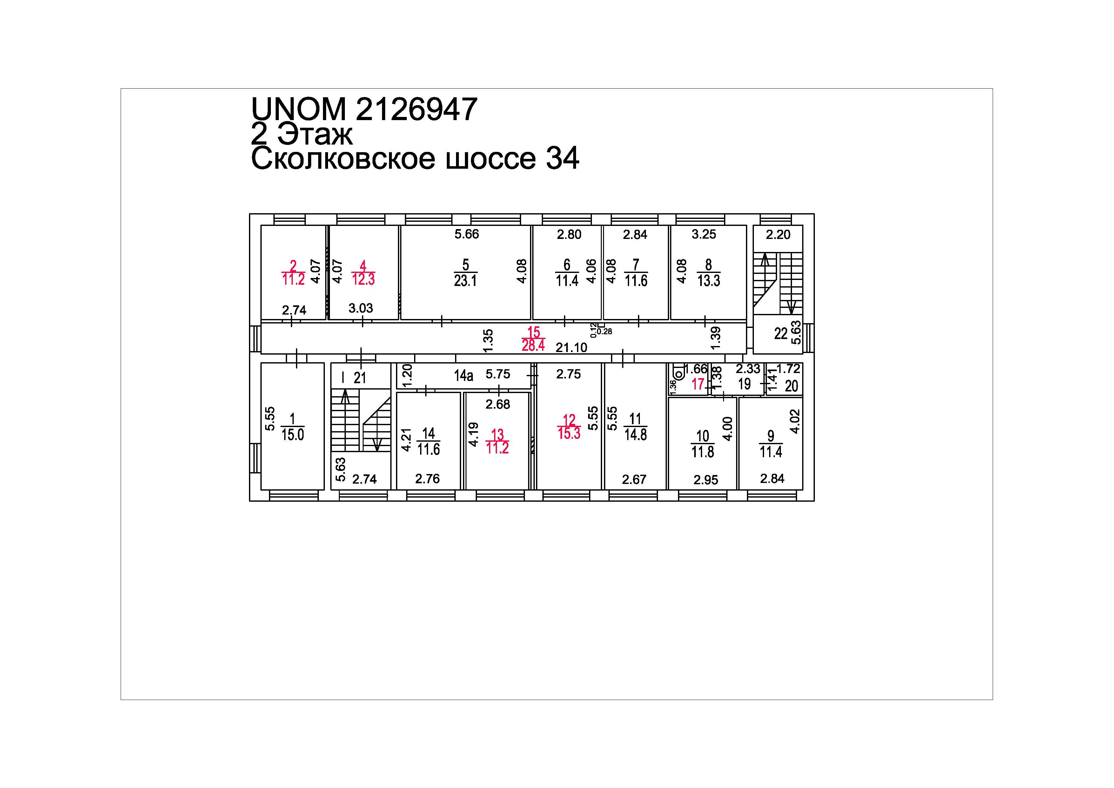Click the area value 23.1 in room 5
[x=465, y=280]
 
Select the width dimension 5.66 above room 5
[x=467, y=234]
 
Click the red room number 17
[x=698, y=384]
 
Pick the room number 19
[x=744, y=384]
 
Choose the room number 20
[x=791, y=386]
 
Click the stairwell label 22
[x=781, y=334]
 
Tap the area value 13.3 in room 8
[x=709, y=280]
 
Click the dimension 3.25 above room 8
[x=704, y=234]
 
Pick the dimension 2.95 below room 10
[x=706, y=480]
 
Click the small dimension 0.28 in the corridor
[x=605, y=332]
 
